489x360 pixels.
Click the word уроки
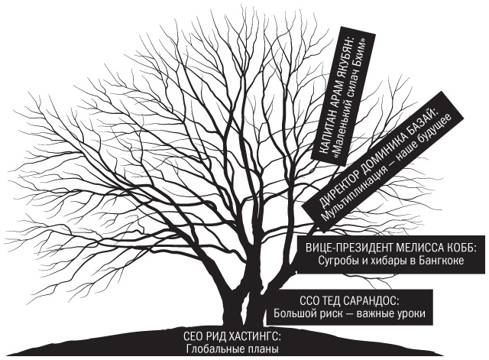[x=409, y=313]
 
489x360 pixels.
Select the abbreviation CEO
[x=196, y=336]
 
